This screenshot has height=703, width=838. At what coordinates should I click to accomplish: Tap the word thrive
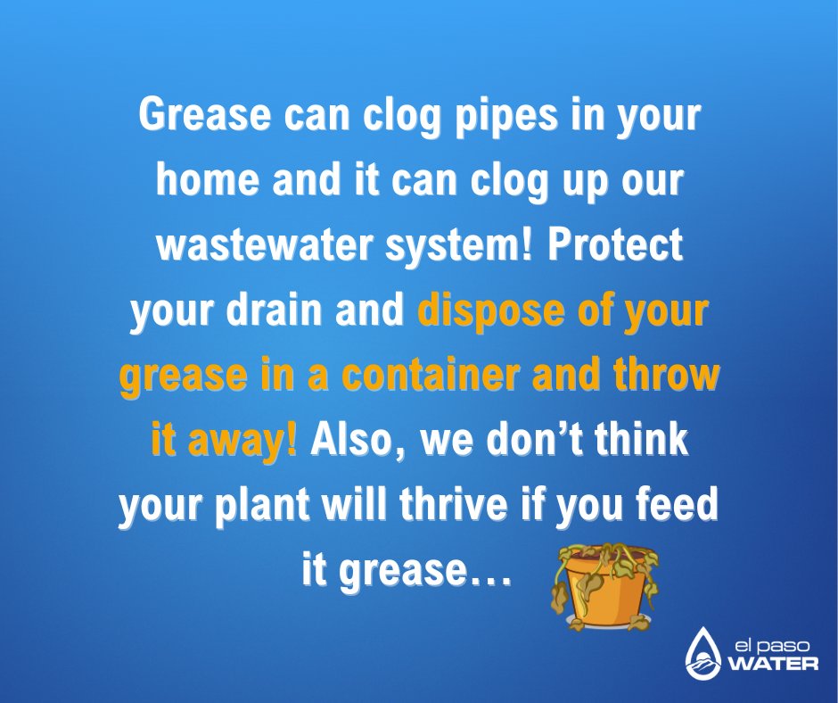pyautogui.click(x=457, y=505)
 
